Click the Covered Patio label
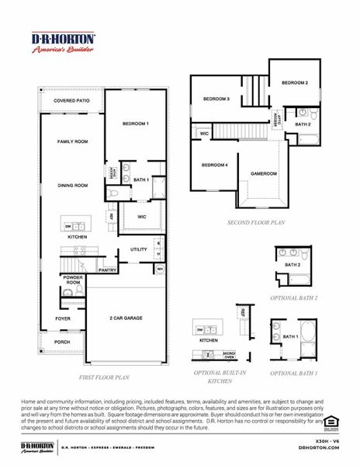(x=72, y=101)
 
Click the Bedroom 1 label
(x=136, y=124)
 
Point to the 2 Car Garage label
(x=126, y=318)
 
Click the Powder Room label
(x=73, y=280)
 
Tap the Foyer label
(x=62, y=318)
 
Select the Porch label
(x=61, y=342)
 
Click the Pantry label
(x=108, y=270)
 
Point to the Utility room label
(x=138, y=249)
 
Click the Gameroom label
(x=263, y=174)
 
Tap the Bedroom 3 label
(x=216, y=99)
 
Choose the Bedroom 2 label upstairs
(x=295, y=83)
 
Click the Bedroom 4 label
(x=214, y=165)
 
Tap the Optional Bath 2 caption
(x=294, y=298)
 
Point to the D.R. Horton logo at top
(x=63, y=42)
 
